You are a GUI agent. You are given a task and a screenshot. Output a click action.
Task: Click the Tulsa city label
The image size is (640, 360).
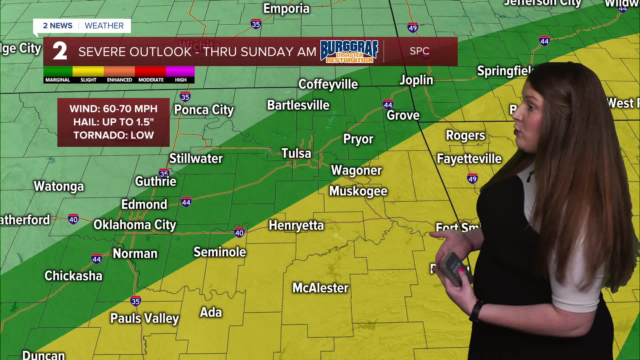click(296, 153)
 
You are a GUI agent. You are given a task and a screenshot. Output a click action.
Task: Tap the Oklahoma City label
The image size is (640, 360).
click(135, 225)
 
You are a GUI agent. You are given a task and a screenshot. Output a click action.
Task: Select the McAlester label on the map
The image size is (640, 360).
click(320, 288)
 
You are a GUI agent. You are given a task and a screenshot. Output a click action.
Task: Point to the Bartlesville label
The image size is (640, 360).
click(298, 105)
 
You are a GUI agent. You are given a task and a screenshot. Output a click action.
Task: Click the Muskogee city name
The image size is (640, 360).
click(358, 191)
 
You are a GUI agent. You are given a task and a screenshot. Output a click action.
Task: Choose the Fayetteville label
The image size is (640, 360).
click(469, 159)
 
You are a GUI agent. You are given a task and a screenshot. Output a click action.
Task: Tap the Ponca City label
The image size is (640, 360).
click(204, 110)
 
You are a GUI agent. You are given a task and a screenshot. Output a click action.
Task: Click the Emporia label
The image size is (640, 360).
click(286, 9)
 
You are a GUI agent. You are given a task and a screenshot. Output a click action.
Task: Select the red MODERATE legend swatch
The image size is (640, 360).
click(150, 71)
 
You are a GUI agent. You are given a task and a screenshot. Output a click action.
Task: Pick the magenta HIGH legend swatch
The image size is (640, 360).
click(180, 71)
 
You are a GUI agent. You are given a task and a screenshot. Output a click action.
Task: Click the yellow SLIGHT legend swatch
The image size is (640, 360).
click(88, 71)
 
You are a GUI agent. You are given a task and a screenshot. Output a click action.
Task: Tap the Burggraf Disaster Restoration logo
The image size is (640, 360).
click(349, 52)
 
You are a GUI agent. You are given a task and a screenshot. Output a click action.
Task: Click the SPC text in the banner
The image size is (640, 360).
click(419, 51)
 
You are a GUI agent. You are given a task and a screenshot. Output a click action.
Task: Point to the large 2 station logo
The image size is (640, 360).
click(60, 52)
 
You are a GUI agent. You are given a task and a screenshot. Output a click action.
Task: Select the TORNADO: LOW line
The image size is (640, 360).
click(114, 135)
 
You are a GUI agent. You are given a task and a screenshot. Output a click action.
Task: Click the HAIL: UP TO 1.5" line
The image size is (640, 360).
click(114, 122)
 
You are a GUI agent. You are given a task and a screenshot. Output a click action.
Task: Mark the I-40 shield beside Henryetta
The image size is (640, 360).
click(239, 232)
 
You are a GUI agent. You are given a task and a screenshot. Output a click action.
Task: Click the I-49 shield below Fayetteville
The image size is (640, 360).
click(472, 179)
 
